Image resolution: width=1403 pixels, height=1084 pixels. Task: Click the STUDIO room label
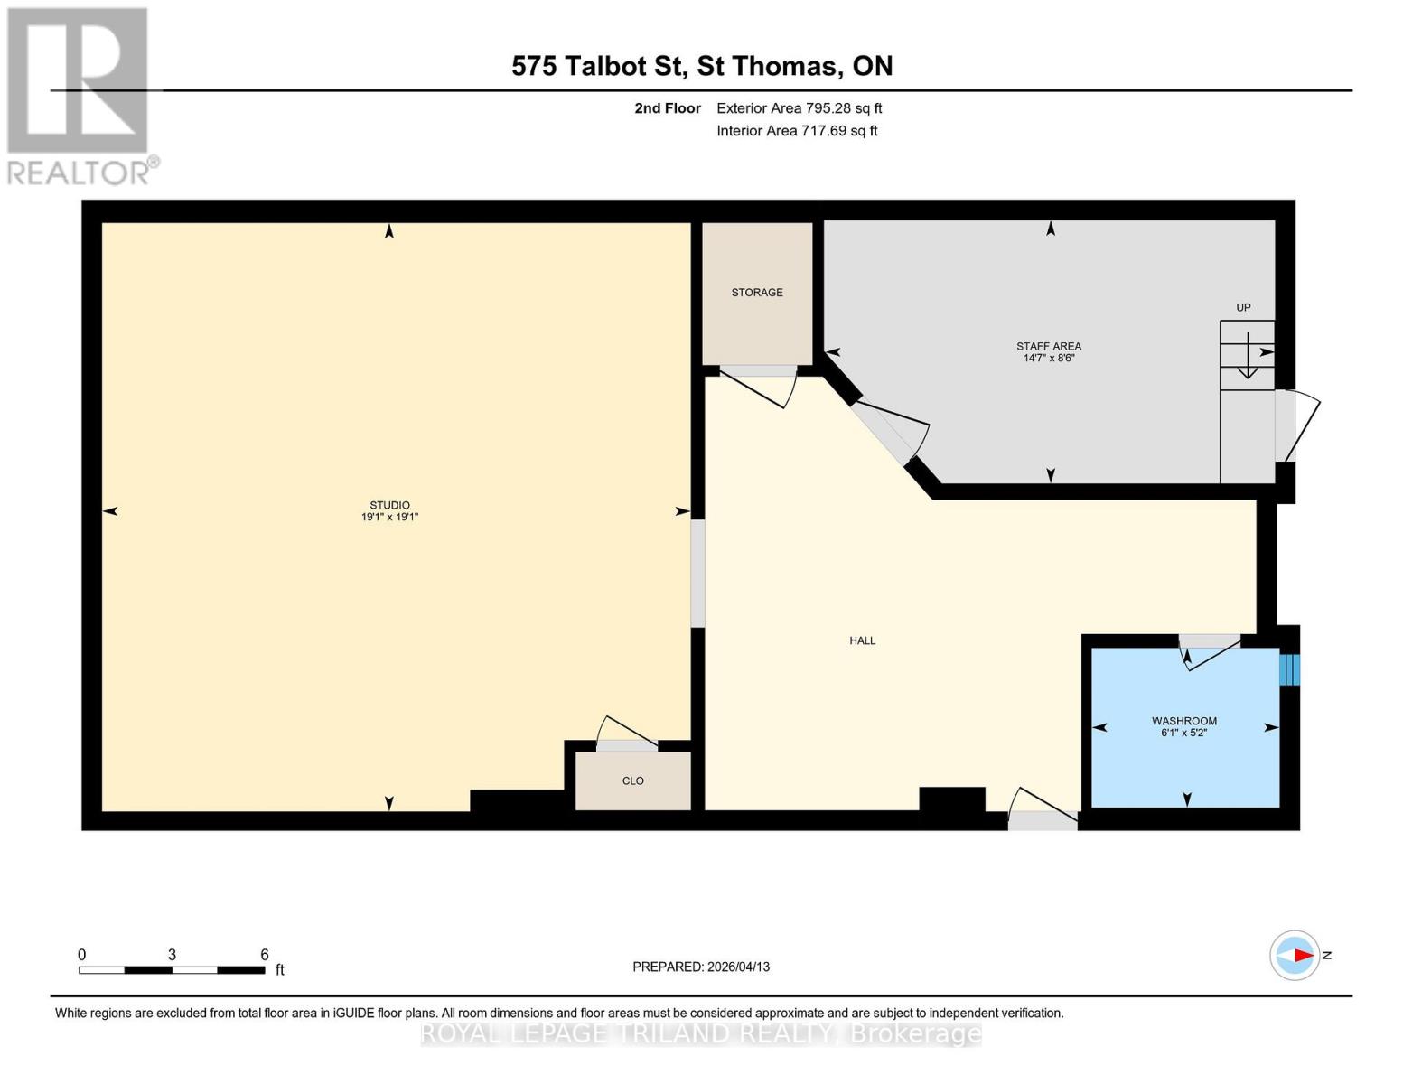pyautogui.click(x=389, y=505)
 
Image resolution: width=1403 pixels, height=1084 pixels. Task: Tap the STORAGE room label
pyautogui.click(x=757, y=293)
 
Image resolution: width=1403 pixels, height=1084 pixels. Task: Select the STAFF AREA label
pyautogui.click(x=1048, y=346)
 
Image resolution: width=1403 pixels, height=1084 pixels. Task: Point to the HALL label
pyautogui.click(x=862, y=640)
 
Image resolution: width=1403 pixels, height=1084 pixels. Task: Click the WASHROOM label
pyautogui.click(x=1183, y=721)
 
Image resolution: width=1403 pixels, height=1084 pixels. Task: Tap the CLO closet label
pyautogui.click(x=632, y=780)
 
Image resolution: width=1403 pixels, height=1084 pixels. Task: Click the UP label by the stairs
pyautogui.click(x=1243, y=307)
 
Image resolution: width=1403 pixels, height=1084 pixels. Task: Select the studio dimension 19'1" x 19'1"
pyautogui.click(x=389, y=518)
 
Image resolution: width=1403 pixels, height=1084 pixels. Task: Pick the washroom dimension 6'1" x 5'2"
pyautogui.click(x=1183, y=733)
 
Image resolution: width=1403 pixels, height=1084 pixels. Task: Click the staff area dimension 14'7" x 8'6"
pyautogui.click(x=1048, y=359)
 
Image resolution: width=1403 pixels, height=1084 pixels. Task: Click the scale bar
pyautogui.click(x=172, y=969)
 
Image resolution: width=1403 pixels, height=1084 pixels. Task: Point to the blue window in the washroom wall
pyautogui.click(x=1289, y=669)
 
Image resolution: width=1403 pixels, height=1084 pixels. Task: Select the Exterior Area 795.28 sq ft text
pyautogui.click(x=799, y=108)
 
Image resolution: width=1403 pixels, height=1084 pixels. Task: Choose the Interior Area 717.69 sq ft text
pyautogui.click(x=797, y=131)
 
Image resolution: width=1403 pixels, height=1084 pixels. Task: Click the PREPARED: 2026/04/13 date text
pyautogui.click(x=701, y=967)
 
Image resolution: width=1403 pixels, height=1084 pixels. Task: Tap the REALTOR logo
pyautogui.click(x=80, y=95)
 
